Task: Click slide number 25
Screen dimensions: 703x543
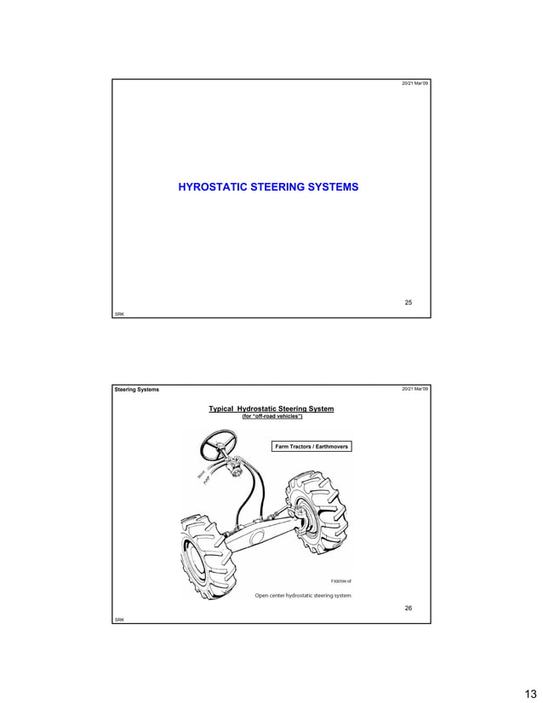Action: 408,303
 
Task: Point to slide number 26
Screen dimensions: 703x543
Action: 408,609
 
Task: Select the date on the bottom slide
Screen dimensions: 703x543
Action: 415,390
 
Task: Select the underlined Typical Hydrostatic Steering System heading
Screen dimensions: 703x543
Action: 271,409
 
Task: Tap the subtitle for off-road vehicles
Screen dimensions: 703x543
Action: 272,417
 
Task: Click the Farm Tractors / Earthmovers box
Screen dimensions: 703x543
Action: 312,446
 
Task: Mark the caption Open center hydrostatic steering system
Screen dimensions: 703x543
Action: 303,595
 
